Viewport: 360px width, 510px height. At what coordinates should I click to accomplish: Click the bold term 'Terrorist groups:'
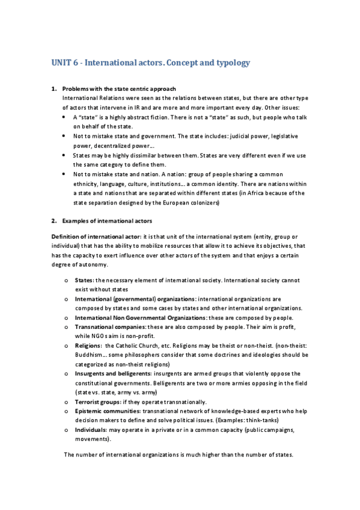click(x=99, y=401)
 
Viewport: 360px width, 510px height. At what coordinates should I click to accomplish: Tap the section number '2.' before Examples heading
click(x=53, y=221)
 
